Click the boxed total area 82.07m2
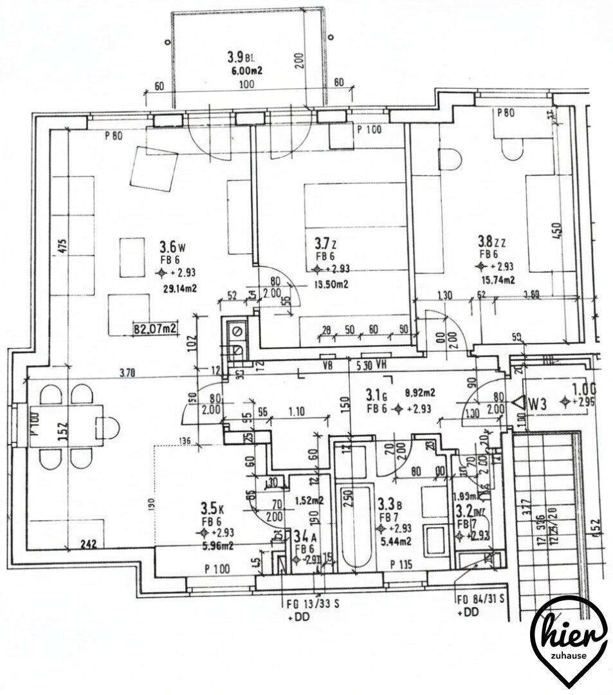(154, 329)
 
